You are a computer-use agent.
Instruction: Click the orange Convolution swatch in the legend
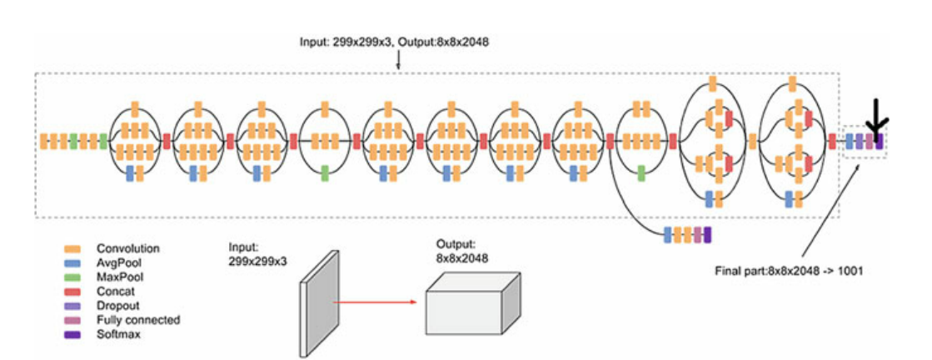(72, 248)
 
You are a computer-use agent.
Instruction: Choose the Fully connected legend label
(137, 320)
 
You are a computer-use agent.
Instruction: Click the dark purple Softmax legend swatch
(72, 332)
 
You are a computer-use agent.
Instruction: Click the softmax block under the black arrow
(879, 142)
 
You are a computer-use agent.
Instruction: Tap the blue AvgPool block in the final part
(850, 142)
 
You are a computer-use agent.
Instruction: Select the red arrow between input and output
(375, 301)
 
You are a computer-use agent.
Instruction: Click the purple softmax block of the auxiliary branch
(707, 234)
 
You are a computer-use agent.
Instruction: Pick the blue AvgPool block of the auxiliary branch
(667, 234)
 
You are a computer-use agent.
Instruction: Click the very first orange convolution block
(43, 142)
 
